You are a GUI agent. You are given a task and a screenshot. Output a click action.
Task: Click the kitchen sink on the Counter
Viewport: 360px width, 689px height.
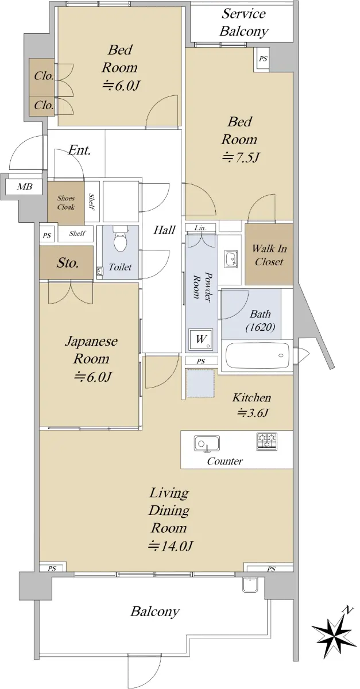click(x=207, y=444)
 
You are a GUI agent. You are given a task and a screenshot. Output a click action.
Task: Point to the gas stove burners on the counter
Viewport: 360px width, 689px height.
click(x=266, y=442)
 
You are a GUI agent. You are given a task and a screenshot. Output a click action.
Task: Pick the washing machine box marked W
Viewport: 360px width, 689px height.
click(x=200, y=339)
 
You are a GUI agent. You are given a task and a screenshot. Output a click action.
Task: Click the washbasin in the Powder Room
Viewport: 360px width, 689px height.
click(x=231, y=260)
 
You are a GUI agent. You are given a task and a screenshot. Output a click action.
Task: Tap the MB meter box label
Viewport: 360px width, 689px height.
click(x=25, y=187)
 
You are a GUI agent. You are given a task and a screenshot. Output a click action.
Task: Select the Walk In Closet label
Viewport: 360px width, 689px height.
click(x=269, y=255)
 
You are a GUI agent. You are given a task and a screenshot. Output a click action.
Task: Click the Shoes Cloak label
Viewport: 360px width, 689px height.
click(x=66, y=202)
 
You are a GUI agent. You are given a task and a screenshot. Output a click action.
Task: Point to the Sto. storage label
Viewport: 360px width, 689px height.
click(x=68, y=263)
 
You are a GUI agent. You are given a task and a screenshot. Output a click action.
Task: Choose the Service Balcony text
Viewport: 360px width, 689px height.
click(x=243, y=22)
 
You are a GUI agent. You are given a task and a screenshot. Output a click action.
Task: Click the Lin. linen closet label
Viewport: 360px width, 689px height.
click(x=200, y=228)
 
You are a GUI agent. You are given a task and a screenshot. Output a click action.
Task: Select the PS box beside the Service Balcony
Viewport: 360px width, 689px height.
click(x=263, y=59)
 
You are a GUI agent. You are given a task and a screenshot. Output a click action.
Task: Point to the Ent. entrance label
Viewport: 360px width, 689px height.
click(x=79, y=150)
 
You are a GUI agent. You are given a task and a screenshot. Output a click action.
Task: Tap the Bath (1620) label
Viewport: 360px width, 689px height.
click(x=260, y=320)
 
